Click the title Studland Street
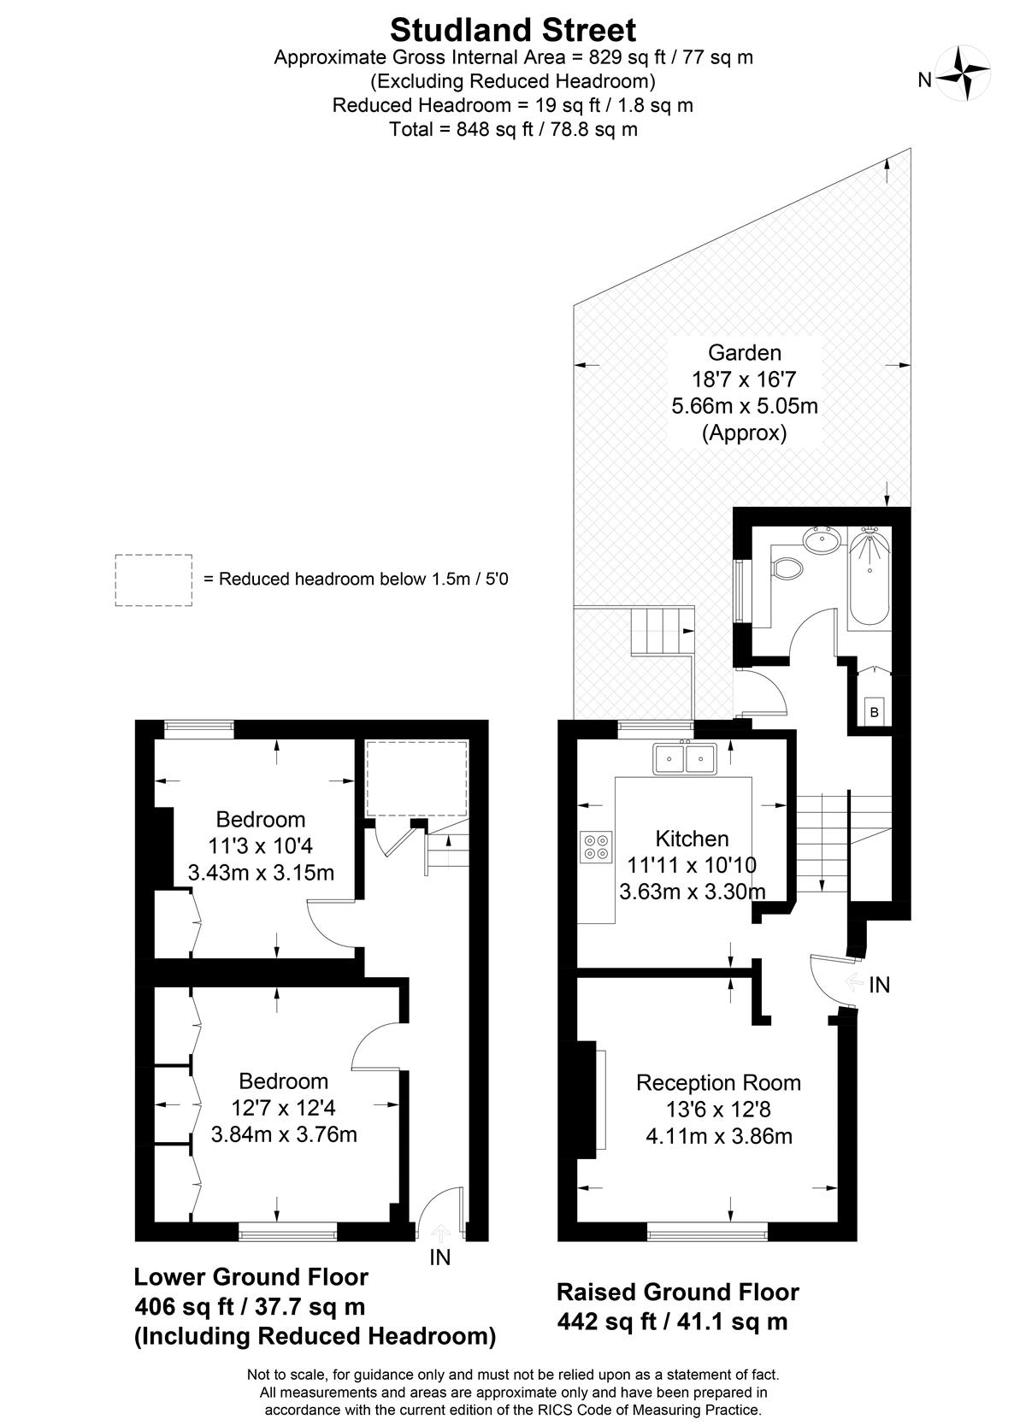513,30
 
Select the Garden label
744,352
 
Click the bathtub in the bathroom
870,578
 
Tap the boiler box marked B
874,712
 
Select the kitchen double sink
685,758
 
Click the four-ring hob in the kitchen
597,847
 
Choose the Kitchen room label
692,839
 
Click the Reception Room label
718,1083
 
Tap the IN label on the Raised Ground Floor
879,986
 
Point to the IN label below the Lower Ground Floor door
439,1257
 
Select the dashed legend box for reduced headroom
153,580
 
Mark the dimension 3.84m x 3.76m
284,1134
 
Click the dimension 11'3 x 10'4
260,845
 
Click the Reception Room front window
707,1234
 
